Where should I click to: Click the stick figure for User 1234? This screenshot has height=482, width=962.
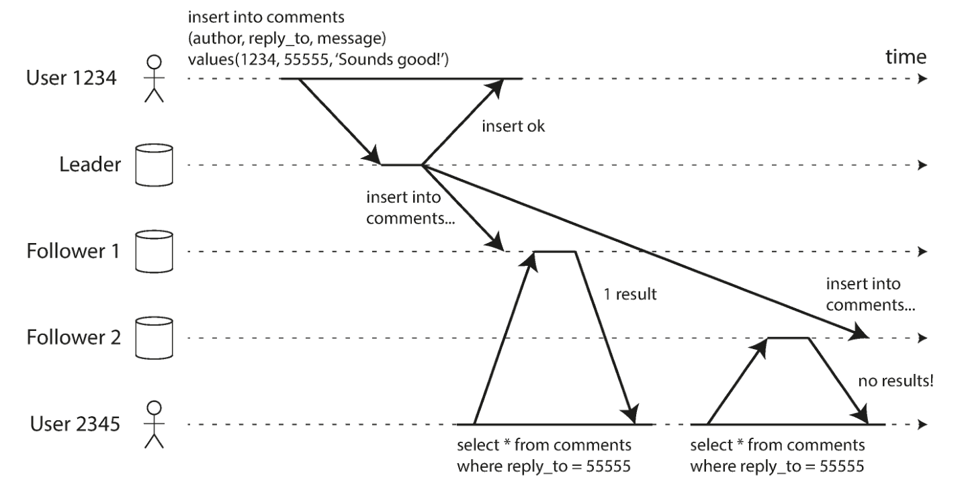coord(154,79)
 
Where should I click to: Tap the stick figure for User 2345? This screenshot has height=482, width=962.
coord(154,424)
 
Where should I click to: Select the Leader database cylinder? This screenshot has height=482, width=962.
coord(155,165)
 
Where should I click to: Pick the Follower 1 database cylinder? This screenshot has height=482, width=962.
coord(155,252)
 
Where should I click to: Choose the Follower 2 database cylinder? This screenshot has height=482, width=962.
coord(155,338)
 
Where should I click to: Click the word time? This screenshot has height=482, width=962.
coord(906,56)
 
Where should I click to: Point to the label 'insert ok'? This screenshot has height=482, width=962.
coord(513,126)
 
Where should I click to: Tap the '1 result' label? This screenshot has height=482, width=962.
coord(630,295)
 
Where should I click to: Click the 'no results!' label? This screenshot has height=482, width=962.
coord(896,381)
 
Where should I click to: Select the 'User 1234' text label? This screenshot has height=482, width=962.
coord(71,78)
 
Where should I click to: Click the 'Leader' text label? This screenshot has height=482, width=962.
coord(90,164)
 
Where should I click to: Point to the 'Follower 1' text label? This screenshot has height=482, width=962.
coord(73,251)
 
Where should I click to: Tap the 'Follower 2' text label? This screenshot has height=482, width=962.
coord(74,338)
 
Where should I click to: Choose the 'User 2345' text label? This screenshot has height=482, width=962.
coord(75,424)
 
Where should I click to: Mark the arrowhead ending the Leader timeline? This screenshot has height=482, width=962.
coord(922,165)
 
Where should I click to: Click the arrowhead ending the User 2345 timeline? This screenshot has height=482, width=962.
coord(922,424)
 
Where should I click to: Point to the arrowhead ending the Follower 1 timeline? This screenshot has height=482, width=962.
coord(922,252)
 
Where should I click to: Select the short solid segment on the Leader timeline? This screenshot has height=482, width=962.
coord(402,165)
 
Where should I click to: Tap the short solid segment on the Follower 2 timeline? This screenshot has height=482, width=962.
coord(788,338)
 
